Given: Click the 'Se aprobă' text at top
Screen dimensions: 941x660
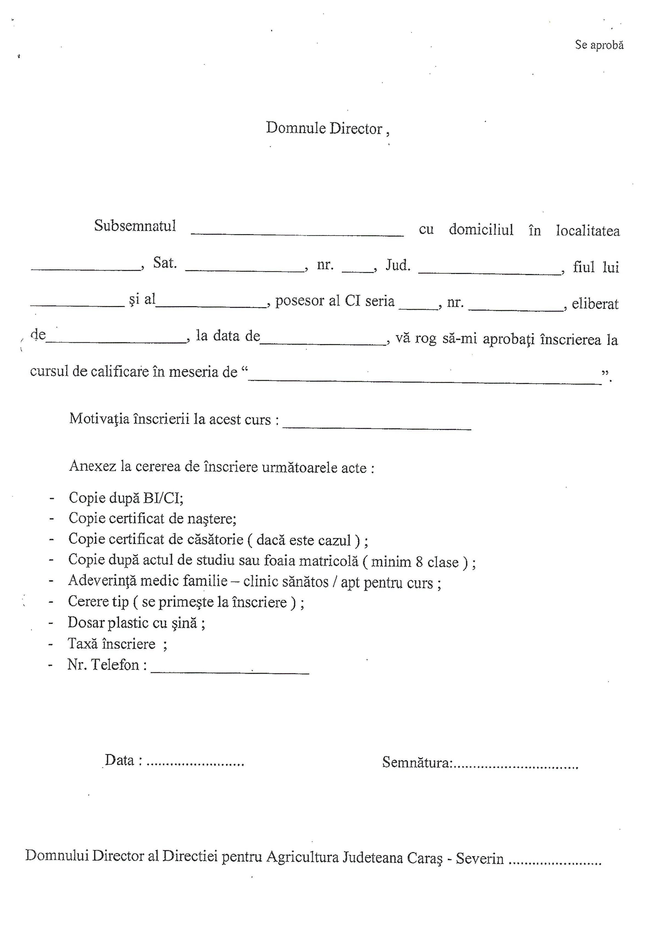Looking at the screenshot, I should (599, 45).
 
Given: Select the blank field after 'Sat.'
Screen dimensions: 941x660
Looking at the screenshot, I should (245, 268).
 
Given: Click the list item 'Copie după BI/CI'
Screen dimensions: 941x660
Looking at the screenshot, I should (126, 498).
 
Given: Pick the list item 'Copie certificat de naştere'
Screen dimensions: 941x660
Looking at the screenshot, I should (152, 519).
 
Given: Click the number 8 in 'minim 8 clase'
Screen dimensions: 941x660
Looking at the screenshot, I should (419, 562).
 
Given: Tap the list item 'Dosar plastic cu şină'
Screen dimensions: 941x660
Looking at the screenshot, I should (136, 623).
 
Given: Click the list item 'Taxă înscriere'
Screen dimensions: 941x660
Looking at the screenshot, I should (112, 644).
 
